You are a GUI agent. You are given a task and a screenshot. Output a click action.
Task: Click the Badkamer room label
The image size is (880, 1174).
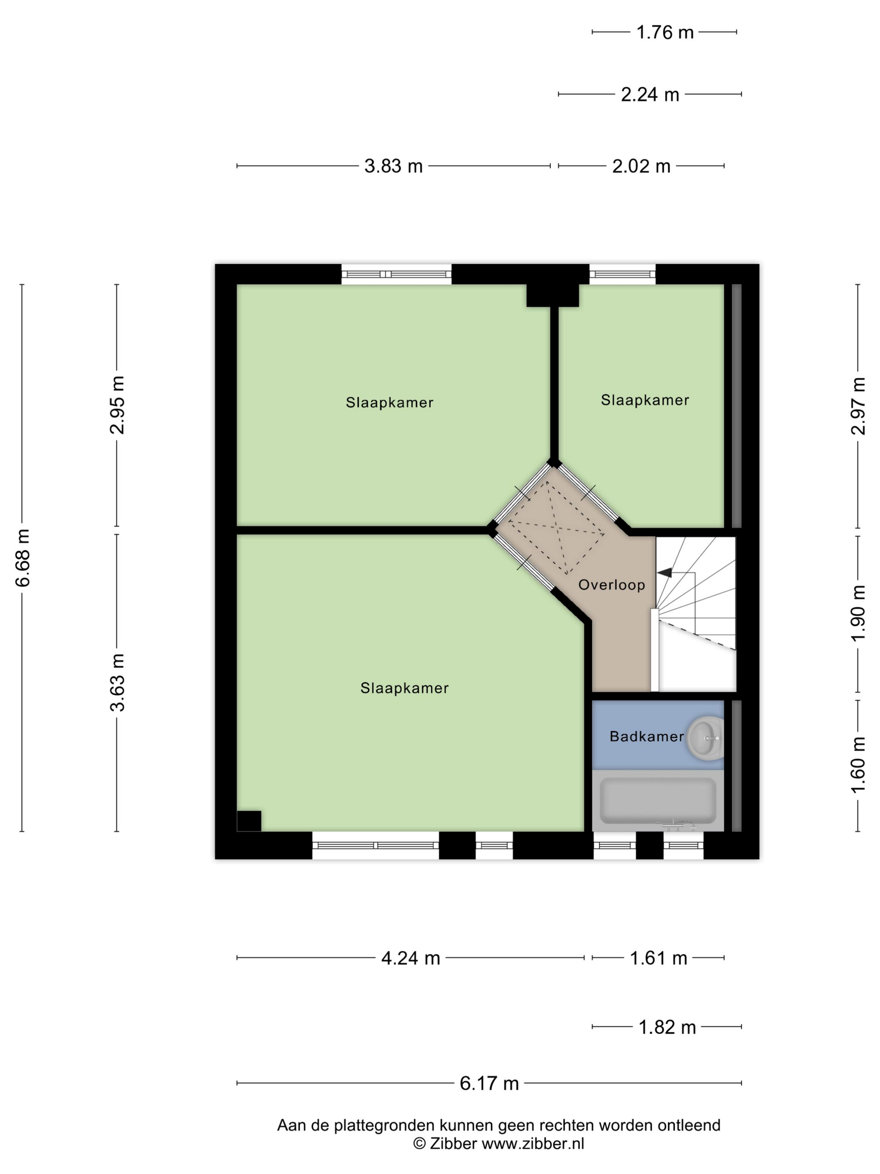(x=646, y=736)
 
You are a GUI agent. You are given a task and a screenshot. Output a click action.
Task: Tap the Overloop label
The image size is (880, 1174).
(x=611, y=585)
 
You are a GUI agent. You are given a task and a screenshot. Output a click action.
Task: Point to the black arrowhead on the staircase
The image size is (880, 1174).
(x=664, y=573)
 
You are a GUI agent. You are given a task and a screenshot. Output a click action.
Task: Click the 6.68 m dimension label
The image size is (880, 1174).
(x=23, y=557)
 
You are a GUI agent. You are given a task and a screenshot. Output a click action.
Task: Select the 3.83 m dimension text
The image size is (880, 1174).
(x=393, y=166)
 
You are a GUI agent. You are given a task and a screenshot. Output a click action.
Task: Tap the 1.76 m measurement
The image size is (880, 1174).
(x=665, y=32)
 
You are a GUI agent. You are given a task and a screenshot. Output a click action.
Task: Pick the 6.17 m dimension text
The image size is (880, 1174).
(x=489, y=1083)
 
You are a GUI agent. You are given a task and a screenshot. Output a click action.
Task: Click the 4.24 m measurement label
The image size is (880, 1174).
(x=411, y=958)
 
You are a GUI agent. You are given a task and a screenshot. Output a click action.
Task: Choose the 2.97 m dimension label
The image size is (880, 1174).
(x=858, y=406)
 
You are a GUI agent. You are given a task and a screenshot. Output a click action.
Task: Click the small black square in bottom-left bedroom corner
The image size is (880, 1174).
(x=249, y=821)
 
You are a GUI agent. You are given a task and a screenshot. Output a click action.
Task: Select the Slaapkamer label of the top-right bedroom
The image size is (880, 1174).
(x=644, y=400)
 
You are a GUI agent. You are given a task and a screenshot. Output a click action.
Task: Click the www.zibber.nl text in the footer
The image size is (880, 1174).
(x=533, y=1144)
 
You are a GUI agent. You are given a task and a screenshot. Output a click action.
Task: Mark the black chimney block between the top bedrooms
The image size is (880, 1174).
(x=552, y=295)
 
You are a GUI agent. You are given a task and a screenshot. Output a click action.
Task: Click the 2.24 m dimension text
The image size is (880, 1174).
(x=650, y=94)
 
